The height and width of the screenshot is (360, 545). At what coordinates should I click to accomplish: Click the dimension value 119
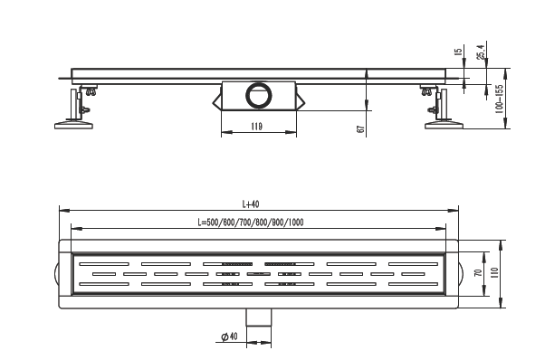tap(256, 127)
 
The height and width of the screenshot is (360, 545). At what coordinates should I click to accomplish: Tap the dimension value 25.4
tap(480, 53)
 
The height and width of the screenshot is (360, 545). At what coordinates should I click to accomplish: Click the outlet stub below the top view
tap(261, 316)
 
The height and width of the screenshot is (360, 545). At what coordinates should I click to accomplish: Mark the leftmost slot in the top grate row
tap(95, 264)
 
